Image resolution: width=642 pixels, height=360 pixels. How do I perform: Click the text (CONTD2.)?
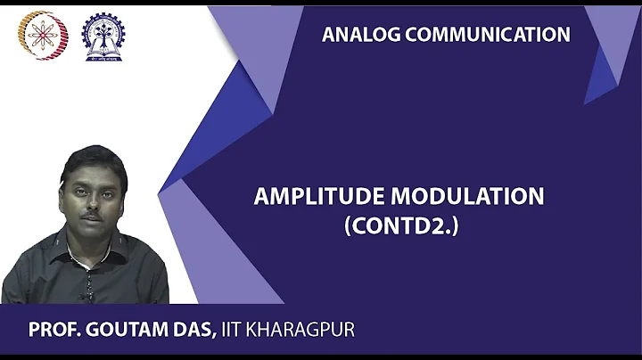[x=400, y=226]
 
